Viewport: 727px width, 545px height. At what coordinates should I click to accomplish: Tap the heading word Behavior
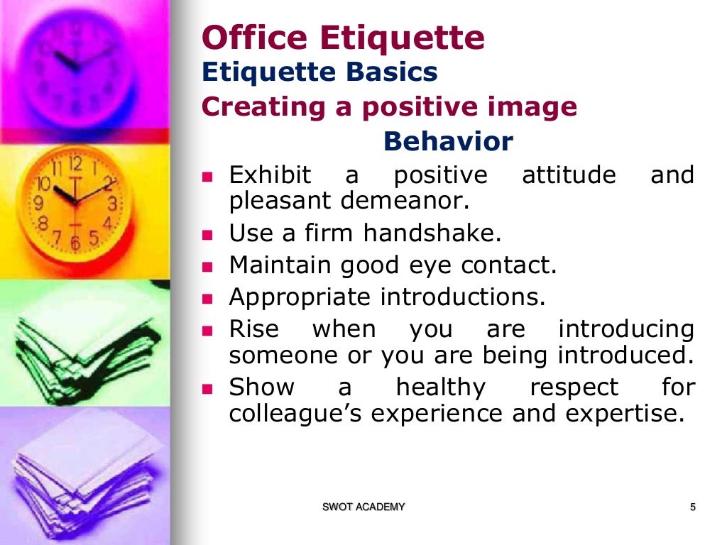(x=447, y=142)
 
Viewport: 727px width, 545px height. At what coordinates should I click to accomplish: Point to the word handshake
(x=432, y=233)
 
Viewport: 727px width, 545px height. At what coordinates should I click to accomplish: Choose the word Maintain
(x=280, y=265)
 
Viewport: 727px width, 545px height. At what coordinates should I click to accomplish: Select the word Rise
(x=253, y=329)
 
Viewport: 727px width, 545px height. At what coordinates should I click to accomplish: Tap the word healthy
(x=440, y=387)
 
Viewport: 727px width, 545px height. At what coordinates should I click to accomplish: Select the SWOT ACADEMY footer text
(x=363, y=507)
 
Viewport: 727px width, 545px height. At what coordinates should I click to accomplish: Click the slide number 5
(x=692, y=507)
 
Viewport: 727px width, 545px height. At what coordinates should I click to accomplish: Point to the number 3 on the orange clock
(x=111, y=204)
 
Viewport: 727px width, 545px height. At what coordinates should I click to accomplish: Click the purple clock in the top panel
(x=75, y=64)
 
